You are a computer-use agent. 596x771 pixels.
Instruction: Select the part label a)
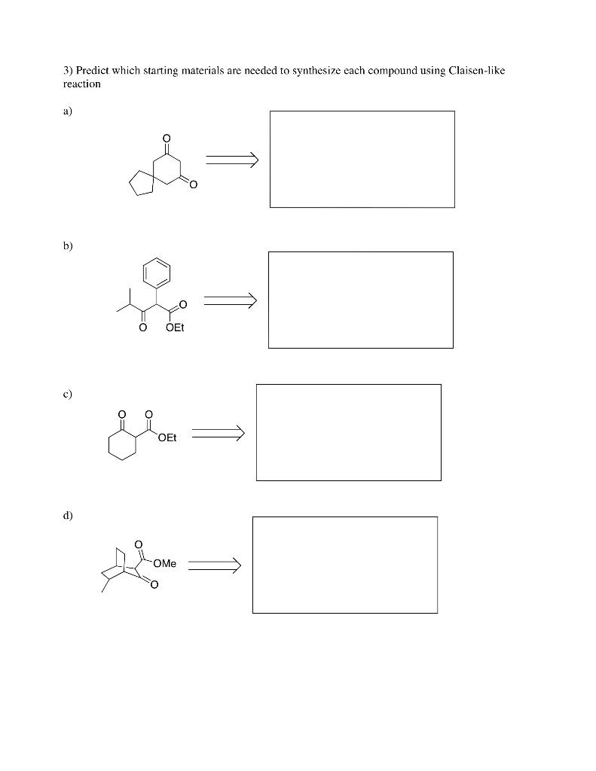(x=68, y=111)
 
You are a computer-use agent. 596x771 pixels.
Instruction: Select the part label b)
(x=68, y=245)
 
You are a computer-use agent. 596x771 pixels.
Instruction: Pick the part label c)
(x=68, y=393)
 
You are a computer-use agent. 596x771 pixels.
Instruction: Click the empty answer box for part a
(x=362, y=159)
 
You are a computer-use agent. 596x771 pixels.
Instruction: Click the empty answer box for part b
(x=360, y=300)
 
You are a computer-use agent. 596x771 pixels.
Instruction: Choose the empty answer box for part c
(x=348, y=432)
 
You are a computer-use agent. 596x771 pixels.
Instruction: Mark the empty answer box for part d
(x=344, y=565)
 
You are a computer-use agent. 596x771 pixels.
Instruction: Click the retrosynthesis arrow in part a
(x=231, y=159)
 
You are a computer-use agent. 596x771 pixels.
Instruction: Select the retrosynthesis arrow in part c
(x=218, y=432)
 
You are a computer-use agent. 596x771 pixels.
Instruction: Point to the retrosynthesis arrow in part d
(x=214, y=563)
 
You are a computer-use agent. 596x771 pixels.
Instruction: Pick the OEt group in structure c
(x=167, y=438)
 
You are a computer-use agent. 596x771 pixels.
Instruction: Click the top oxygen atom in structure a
(x=167, y=138)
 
